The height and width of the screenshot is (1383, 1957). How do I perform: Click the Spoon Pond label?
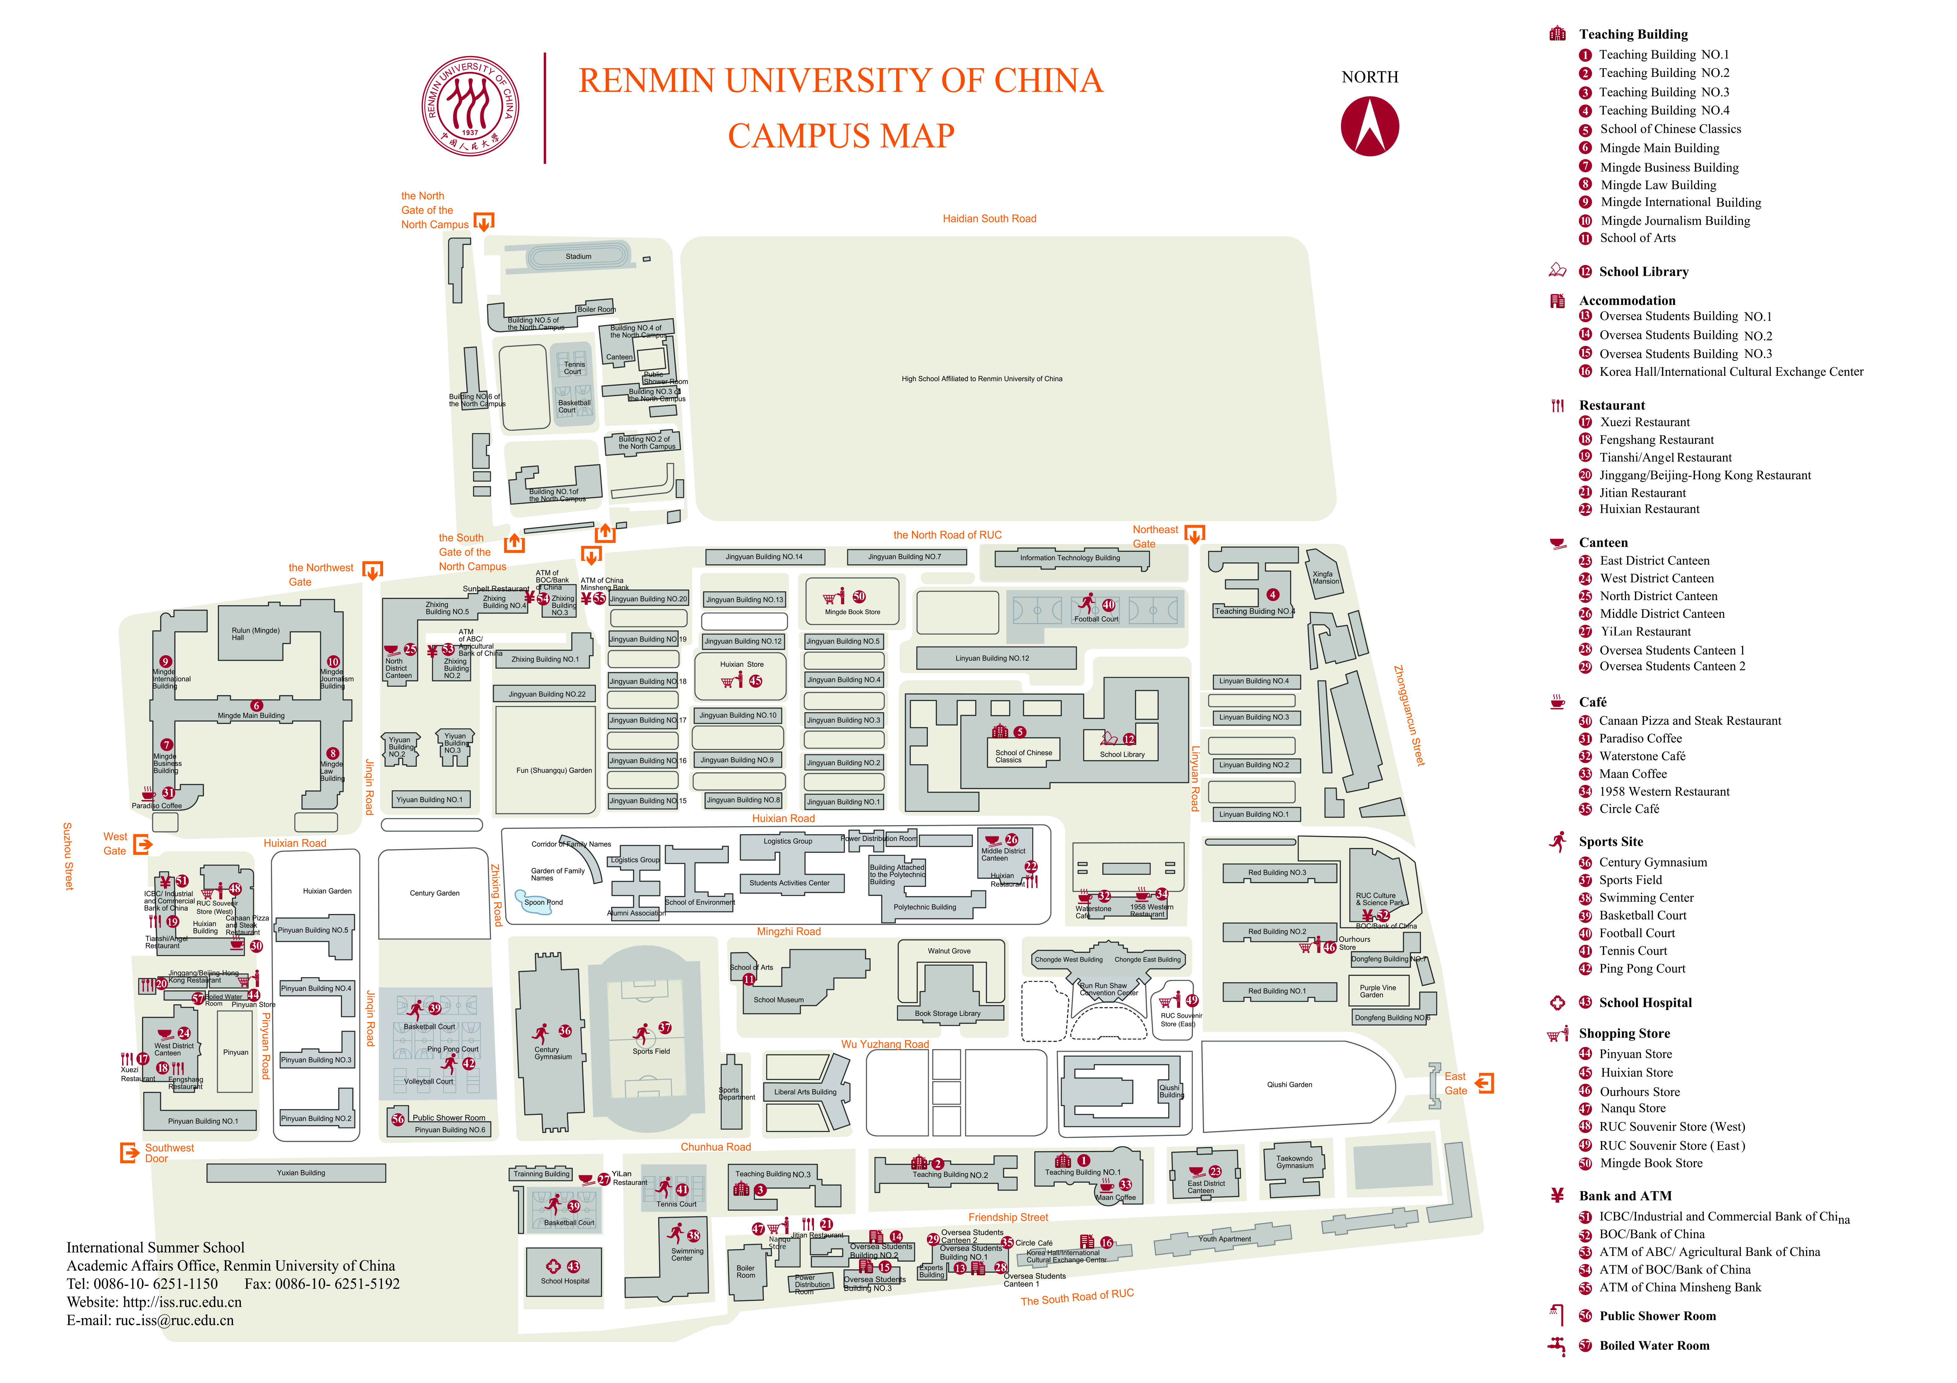coord(543,902)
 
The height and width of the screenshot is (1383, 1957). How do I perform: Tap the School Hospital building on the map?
coord(564,1272)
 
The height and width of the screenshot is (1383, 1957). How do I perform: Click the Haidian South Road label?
coord(989,219)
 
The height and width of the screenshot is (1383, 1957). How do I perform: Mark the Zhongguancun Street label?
coord(1409,716)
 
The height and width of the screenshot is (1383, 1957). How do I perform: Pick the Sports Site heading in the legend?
coord(1610,842)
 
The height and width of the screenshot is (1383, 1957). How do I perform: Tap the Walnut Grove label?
coord(949,951)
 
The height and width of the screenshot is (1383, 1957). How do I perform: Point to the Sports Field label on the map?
coord(651,1052)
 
